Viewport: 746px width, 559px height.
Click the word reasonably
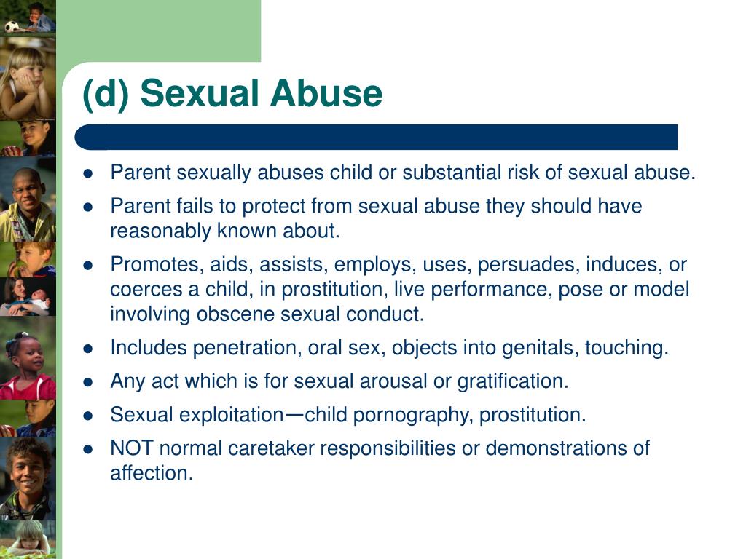pos(161,231)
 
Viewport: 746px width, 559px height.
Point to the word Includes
pos(149,347)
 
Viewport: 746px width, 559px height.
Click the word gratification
pos(513,381)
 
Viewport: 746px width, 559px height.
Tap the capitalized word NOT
pos(132,448)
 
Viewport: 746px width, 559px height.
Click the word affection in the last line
pos(152,473)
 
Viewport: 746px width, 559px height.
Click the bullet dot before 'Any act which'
pos(87,382)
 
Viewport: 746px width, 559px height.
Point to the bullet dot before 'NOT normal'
pos(87,449)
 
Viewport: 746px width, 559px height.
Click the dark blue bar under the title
pos(376,138)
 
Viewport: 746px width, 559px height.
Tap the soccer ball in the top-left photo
pos(12,27)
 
